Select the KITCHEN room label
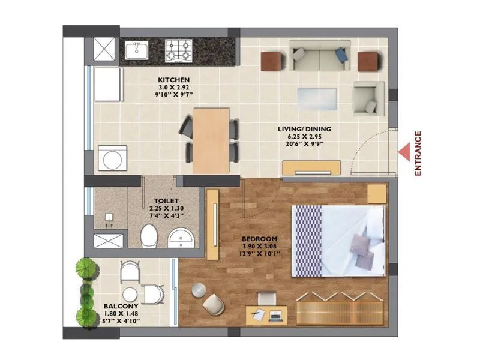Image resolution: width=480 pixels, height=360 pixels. coord(174,80)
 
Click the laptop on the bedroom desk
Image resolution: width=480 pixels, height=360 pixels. coord(276,314)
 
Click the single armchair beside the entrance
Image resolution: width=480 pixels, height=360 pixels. coord(367,98)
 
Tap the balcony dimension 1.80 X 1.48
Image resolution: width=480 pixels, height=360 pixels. coord(122,313)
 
